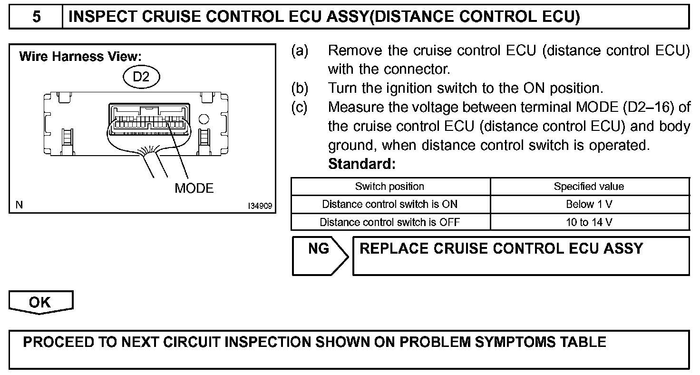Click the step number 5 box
tap(36, 18)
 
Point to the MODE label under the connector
tap(194, 188)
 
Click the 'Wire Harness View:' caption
tap(80, 57)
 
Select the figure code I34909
tap(260, 206)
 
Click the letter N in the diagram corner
tap(19, 205)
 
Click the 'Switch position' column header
tap(389, 187)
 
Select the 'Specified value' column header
tap(589, 187)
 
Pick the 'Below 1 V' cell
tap(589, 204)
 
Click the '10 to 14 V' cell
tap(589, 222)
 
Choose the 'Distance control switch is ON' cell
tap(389, 204)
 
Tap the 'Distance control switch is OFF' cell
tap(389, 222)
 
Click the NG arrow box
tap(319, 256)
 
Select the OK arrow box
tap(40, 303)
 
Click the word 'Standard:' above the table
tap(362, 165)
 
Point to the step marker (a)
tap(300, 50)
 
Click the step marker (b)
tap(300, 89)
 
